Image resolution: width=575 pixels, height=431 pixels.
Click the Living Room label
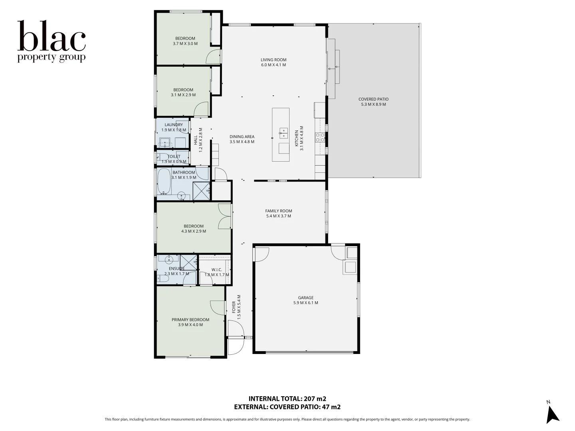click(x=274, y=60)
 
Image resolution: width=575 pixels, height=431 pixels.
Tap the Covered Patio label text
click(x=373, y=99)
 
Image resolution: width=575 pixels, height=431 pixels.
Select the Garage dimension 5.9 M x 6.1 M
click(x=305, y=303)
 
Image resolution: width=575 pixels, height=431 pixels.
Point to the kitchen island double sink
click(x=283, y=133)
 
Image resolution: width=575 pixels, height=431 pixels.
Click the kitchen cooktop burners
click(x=320, y=137)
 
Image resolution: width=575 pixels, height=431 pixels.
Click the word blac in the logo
click(x=52, y=36)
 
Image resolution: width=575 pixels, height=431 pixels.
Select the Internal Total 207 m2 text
click(x=287, y=399)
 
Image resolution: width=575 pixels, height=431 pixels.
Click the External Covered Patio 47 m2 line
click(x=287, y=407)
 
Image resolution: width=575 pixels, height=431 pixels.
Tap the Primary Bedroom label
click(x=190, y=320)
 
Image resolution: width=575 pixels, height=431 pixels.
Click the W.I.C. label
click(x=217, y=270)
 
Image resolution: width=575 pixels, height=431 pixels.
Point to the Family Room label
click(x=279, y=211)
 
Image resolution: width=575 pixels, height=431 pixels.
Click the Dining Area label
click(x=242, y=137)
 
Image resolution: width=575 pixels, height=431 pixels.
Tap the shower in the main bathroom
click(x=201, y=191)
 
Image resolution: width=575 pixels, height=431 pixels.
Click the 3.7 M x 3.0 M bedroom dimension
click(x=185, y=44)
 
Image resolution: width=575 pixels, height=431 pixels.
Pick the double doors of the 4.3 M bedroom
click(x=225, y=216)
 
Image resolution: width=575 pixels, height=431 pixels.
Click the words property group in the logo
click(x=52, y=57)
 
